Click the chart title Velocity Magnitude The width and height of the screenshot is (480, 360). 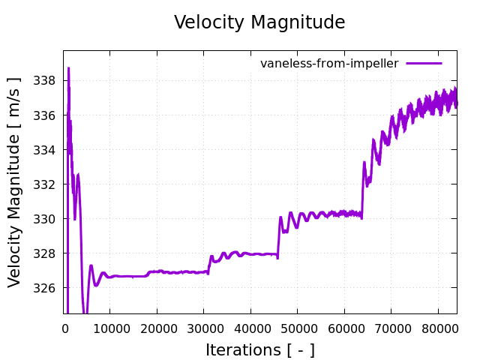(x=259, y=22)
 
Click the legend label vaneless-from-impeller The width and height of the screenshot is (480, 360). (x=329, y=64)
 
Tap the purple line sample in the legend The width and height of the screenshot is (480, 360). (x=424, y=64)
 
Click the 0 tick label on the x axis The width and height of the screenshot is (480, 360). (x=64, y=328)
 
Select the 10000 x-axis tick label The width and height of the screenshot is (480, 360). (x=110, y=328)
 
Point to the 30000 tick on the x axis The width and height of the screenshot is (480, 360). (x=204, y=328)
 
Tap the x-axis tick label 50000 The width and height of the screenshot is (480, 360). (x=298, y=328)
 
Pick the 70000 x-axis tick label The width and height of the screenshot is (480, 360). (x=391, y=328)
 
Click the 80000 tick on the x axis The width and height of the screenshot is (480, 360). (x=438, y=328)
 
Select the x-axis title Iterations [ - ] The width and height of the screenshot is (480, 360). (x=259, y=350)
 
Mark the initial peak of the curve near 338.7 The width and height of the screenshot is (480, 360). (x=68, y=68)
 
